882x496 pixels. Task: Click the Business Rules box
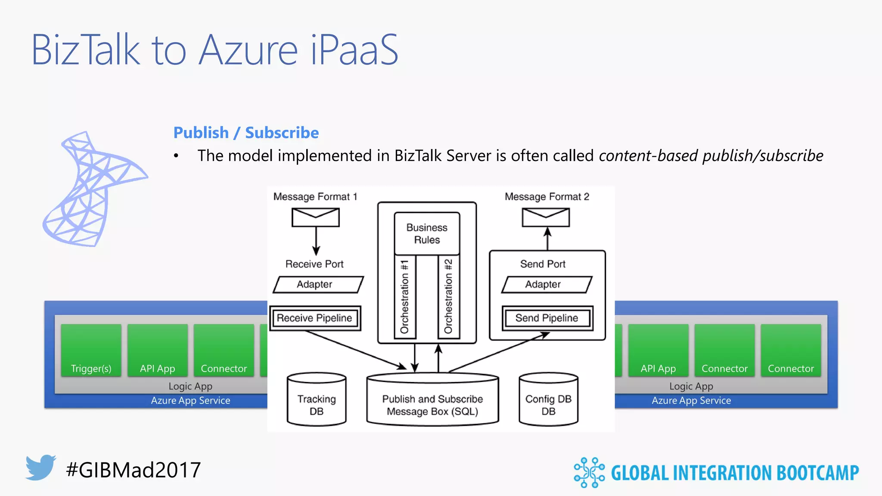tap(427, 233)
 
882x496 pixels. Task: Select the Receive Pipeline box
tap(315, 318)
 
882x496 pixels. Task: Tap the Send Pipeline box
tap(547, 318)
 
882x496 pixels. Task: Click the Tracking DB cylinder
tap(317, 400)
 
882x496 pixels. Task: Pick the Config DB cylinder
tap(548, 400)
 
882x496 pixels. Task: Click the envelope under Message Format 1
tap(316, 217)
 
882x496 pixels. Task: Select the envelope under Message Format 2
tap(546, 217)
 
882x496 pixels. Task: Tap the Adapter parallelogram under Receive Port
tap(318, 285)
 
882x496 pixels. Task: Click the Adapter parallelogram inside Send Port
tap(547, 285)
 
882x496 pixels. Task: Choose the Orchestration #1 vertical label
tap(405, 297)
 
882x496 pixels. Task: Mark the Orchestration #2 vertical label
tap(449, 297)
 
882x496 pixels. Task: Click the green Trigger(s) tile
tap(91, 350)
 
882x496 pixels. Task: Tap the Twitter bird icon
tap(41, 467)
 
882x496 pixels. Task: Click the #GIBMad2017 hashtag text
tap(134, 470)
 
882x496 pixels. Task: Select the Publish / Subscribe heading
tap(246, 133)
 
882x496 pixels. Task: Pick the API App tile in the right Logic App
tap(658, 350)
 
